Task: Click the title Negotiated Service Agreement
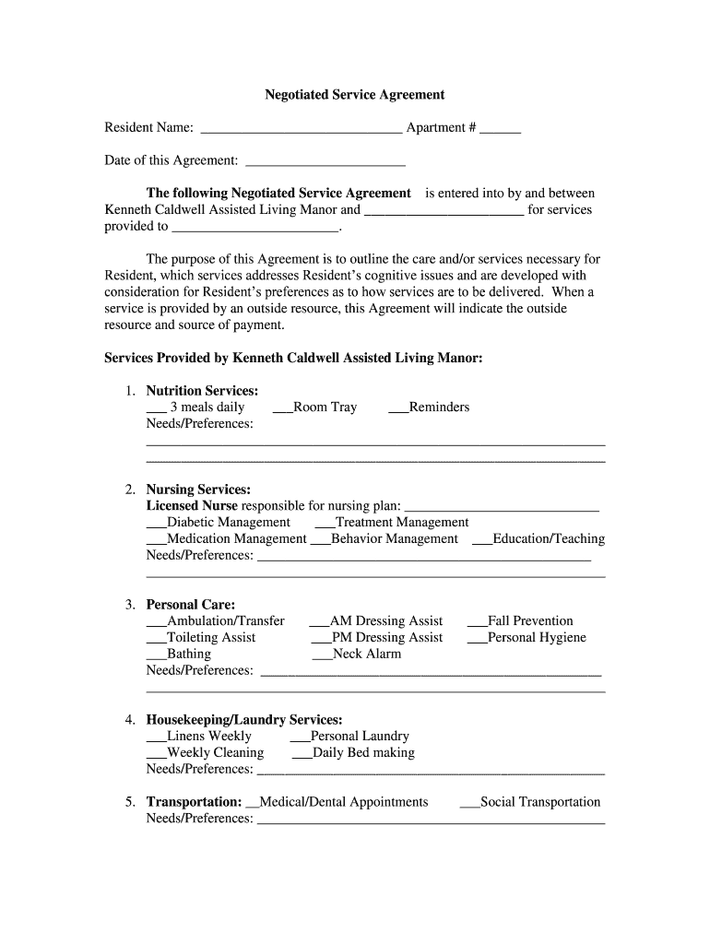click(x=355, y=94)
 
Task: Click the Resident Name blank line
click(x=301, y=129)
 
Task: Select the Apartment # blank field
click(x=500, y=129)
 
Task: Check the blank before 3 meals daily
click(x=156, y=408)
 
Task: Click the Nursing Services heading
click(x=198, y=490)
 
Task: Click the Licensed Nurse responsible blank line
click(x=502, y=507)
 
